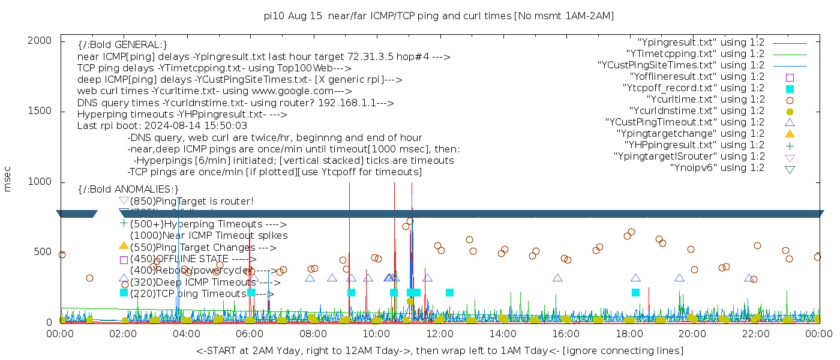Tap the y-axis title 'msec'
pos(8,179)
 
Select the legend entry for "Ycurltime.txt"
pos(706,99)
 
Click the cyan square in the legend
pos(790,88)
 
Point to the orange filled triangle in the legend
pos(790,133)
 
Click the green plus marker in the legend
pos(790,145)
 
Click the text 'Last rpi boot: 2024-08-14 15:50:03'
pos(162,125)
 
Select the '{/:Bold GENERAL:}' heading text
pos(122,45)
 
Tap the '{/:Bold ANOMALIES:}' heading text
pos(128,189)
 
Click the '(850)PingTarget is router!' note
pos(191,201)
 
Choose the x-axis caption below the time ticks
pos(439,350)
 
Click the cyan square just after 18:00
pos(635,292)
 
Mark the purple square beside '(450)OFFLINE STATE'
pos(124,260)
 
